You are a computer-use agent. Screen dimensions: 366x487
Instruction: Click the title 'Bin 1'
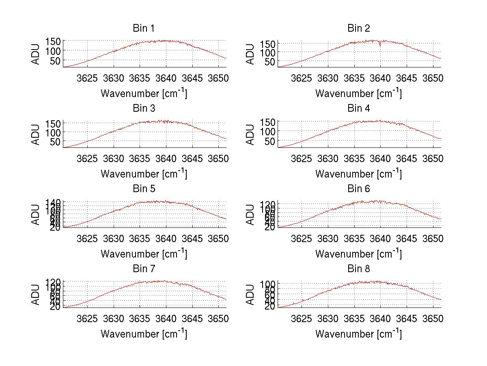pos(144,28)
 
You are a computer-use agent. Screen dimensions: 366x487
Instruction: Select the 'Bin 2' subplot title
pos(359,28)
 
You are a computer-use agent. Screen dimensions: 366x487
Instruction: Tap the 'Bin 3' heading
pos(144,108)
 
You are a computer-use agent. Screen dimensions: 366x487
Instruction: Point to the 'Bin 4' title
pos(359,108)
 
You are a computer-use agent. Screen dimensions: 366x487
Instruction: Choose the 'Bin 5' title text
pos(144,189)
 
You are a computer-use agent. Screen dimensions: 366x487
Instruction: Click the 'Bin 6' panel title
pos(359,189)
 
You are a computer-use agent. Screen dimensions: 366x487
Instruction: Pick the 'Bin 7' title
pos(144,269)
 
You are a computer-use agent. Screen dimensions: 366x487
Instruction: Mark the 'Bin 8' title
pos(359,269)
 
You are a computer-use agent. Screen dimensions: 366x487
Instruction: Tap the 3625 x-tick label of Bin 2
pos(302,78)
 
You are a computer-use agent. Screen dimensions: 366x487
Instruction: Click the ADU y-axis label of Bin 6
pos(251,214)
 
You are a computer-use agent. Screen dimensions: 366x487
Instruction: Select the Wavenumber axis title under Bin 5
pos(144,253)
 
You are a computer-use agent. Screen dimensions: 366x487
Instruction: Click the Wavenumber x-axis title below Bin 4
pos(358,173)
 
